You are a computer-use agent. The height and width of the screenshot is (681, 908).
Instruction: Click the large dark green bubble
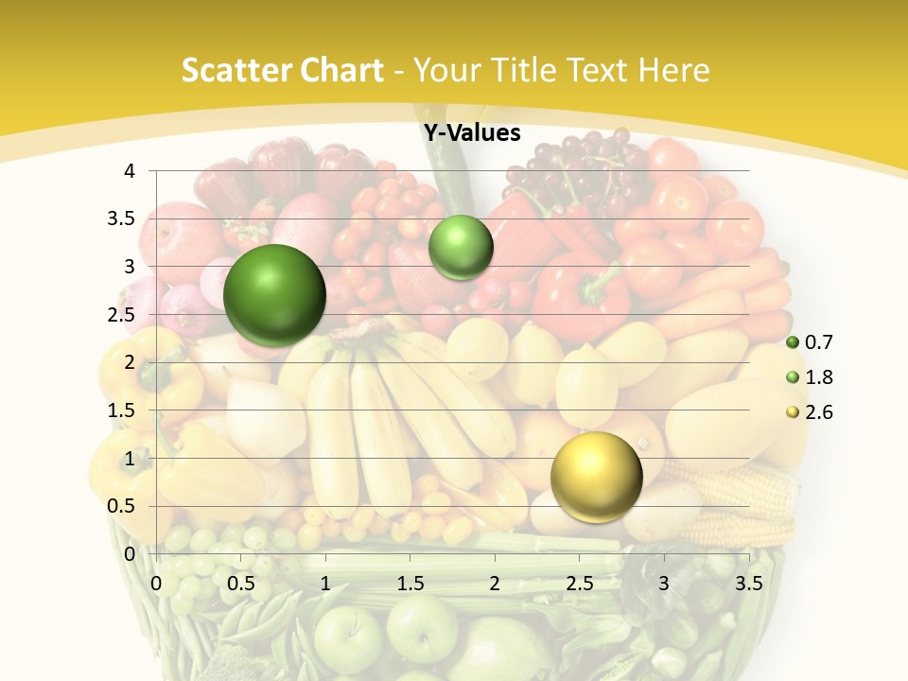click(274, 295)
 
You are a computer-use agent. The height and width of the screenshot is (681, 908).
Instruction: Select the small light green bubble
click(461, 247)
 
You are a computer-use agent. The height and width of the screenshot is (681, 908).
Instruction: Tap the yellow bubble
click(596, 477)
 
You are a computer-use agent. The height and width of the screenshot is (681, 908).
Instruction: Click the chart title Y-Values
click(472, 133)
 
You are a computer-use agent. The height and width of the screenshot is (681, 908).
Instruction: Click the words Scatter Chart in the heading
click(282, 70)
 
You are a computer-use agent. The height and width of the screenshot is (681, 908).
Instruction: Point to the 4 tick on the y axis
click(131, 171)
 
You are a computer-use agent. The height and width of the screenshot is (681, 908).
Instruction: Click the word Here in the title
click(672, 70)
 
